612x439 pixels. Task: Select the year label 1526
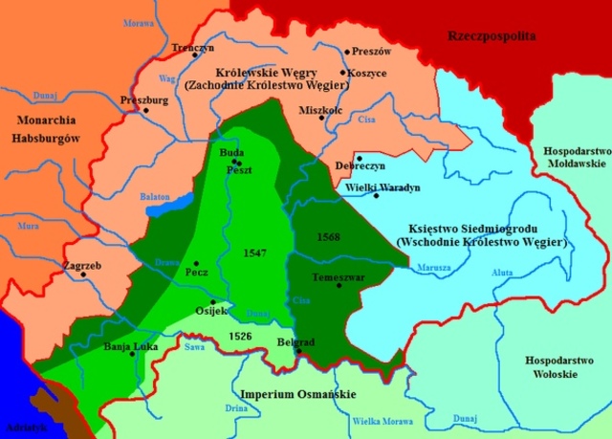[x=242, y=336]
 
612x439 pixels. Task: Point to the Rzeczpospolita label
[x=492, y=36]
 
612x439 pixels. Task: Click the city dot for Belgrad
[x=298, y=351]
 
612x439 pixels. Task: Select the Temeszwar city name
[x=336, y=275]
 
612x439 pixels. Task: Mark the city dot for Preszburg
[x=145, y=110]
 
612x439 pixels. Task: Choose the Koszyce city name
[x=368, y=73]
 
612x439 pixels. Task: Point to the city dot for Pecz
[x=196, y=263]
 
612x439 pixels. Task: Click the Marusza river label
[x=433, y=268]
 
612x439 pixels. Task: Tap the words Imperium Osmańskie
[x=284, y=394]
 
